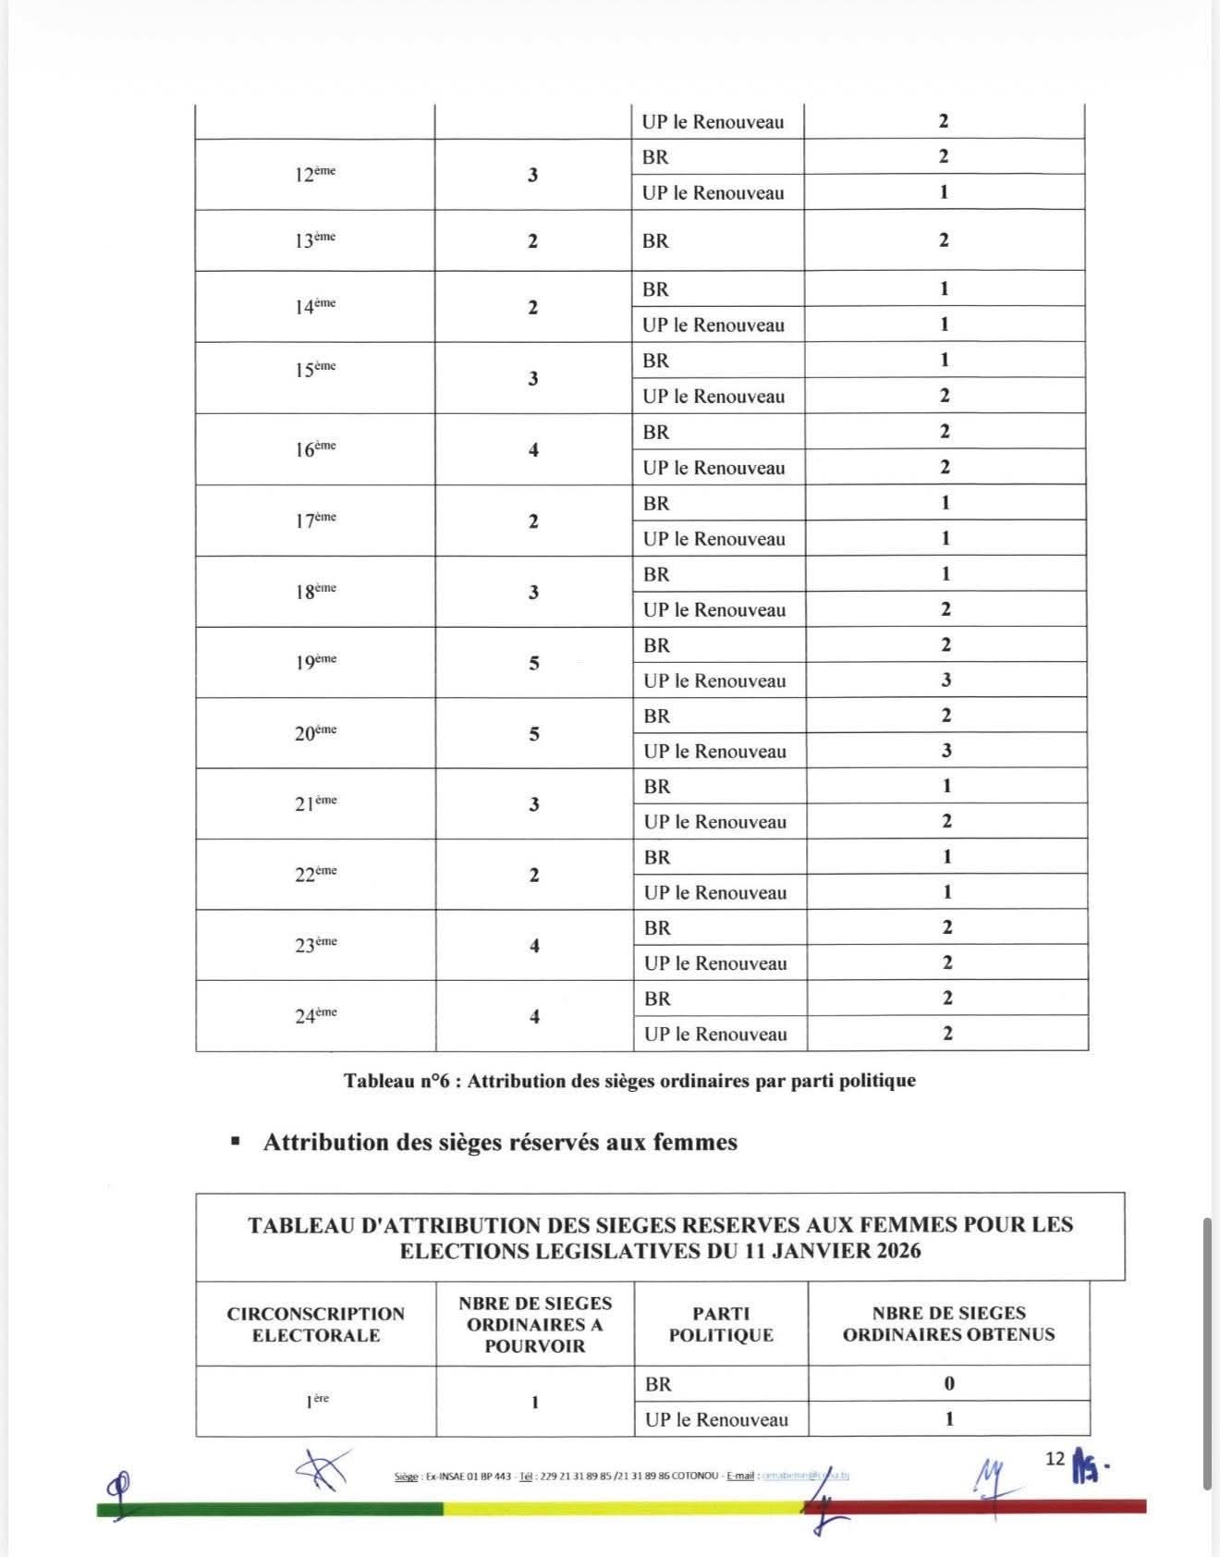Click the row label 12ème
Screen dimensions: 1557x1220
pos(314,174)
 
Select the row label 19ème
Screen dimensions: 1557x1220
pos(315,662)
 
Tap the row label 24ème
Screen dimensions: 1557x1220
pos(315,1015)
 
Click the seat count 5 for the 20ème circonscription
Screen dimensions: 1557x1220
pos(534,733)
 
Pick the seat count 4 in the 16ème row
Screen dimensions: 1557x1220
pos(533,449)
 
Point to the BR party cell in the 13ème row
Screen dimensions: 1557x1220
pos(655,240)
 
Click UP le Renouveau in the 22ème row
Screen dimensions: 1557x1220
pos(715,892)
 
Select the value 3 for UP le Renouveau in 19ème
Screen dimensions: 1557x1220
pos(945,680)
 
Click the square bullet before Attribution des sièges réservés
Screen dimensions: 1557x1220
pos(236,1142)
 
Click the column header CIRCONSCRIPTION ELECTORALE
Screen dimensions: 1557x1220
pos(316,1324)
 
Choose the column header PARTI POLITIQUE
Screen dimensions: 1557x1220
pos(721,1324)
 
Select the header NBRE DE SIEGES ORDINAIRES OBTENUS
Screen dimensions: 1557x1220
pos(948,1323)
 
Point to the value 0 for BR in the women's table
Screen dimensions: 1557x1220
pos(949,1383)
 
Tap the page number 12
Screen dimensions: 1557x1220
pos(1055,1459)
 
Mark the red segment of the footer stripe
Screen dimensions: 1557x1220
pos(980,1507)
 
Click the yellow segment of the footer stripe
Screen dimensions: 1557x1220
pos(619,1508)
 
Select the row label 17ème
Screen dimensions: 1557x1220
pos(315,521)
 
